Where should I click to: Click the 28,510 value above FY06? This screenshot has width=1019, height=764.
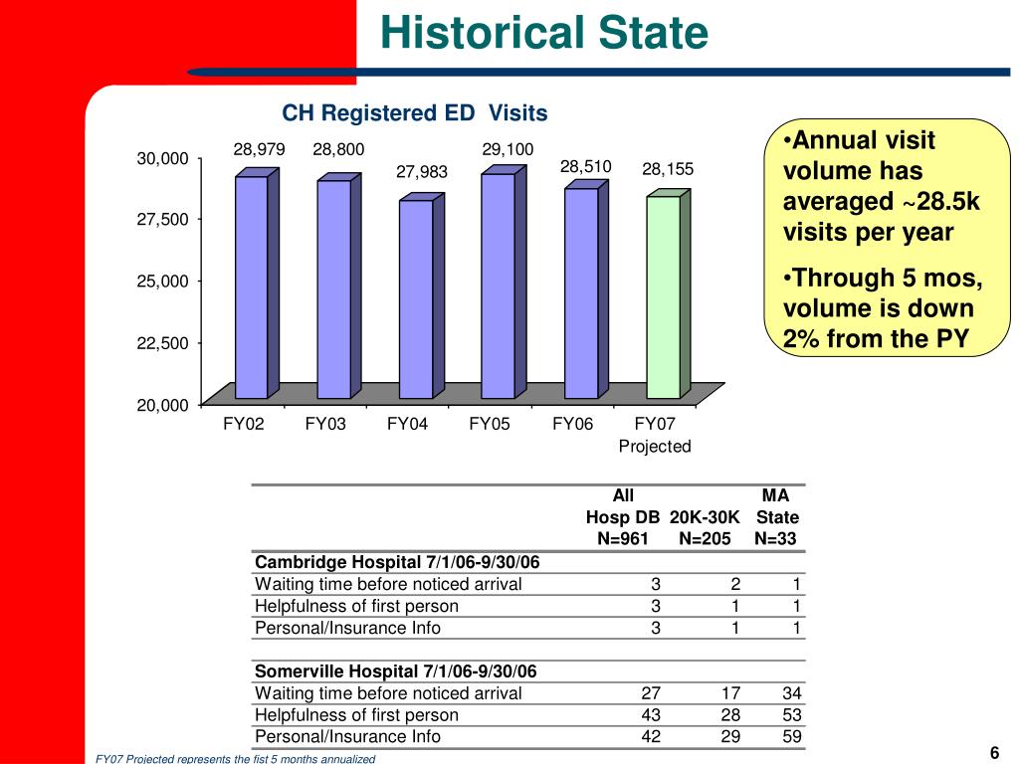585,166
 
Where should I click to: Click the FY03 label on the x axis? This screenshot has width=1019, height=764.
325,425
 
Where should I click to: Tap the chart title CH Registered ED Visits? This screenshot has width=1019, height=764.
415,113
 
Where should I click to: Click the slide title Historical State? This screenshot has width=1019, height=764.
543,34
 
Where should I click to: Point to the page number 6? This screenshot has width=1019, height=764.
994,751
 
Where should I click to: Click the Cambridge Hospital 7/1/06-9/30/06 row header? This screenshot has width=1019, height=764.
397,562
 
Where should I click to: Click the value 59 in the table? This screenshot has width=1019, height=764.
791,737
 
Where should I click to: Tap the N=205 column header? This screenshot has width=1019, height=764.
705,539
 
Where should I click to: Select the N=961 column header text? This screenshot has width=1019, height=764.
623,539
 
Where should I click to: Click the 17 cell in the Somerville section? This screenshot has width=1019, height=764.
729,693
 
